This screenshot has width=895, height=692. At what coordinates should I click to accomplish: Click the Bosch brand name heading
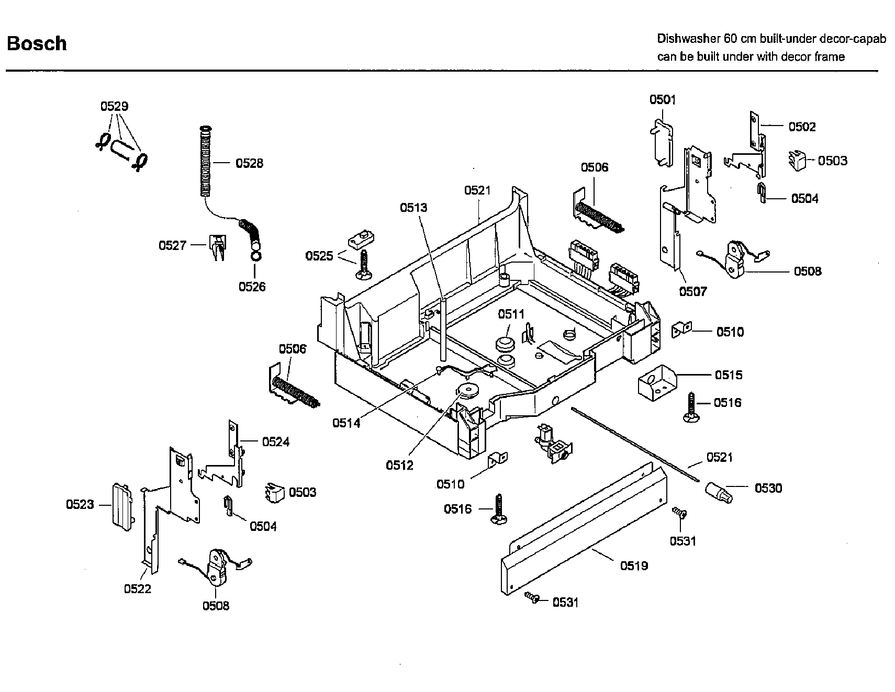coord(37,43)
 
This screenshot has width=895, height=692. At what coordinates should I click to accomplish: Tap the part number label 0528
coord(249,163)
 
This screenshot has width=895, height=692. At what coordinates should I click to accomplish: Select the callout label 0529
coord(114,106)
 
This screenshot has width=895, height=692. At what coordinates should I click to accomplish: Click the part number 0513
coord(413,208)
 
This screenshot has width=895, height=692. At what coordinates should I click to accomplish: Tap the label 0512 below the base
coord(399,465)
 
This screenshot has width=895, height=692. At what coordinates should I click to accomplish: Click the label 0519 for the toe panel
coord(634,565)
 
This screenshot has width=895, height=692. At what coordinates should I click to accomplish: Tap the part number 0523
coord(80,504)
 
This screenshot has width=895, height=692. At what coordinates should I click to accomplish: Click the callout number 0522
coord(138,588)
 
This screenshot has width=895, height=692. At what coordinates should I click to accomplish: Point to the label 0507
coord(693,291)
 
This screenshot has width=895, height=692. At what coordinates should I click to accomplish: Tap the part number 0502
coord(802,127)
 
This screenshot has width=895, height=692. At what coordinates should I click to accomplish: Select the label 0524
coord(276,442)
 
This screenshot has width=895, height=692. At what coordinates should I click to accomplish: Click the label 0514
coord(346,423)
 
